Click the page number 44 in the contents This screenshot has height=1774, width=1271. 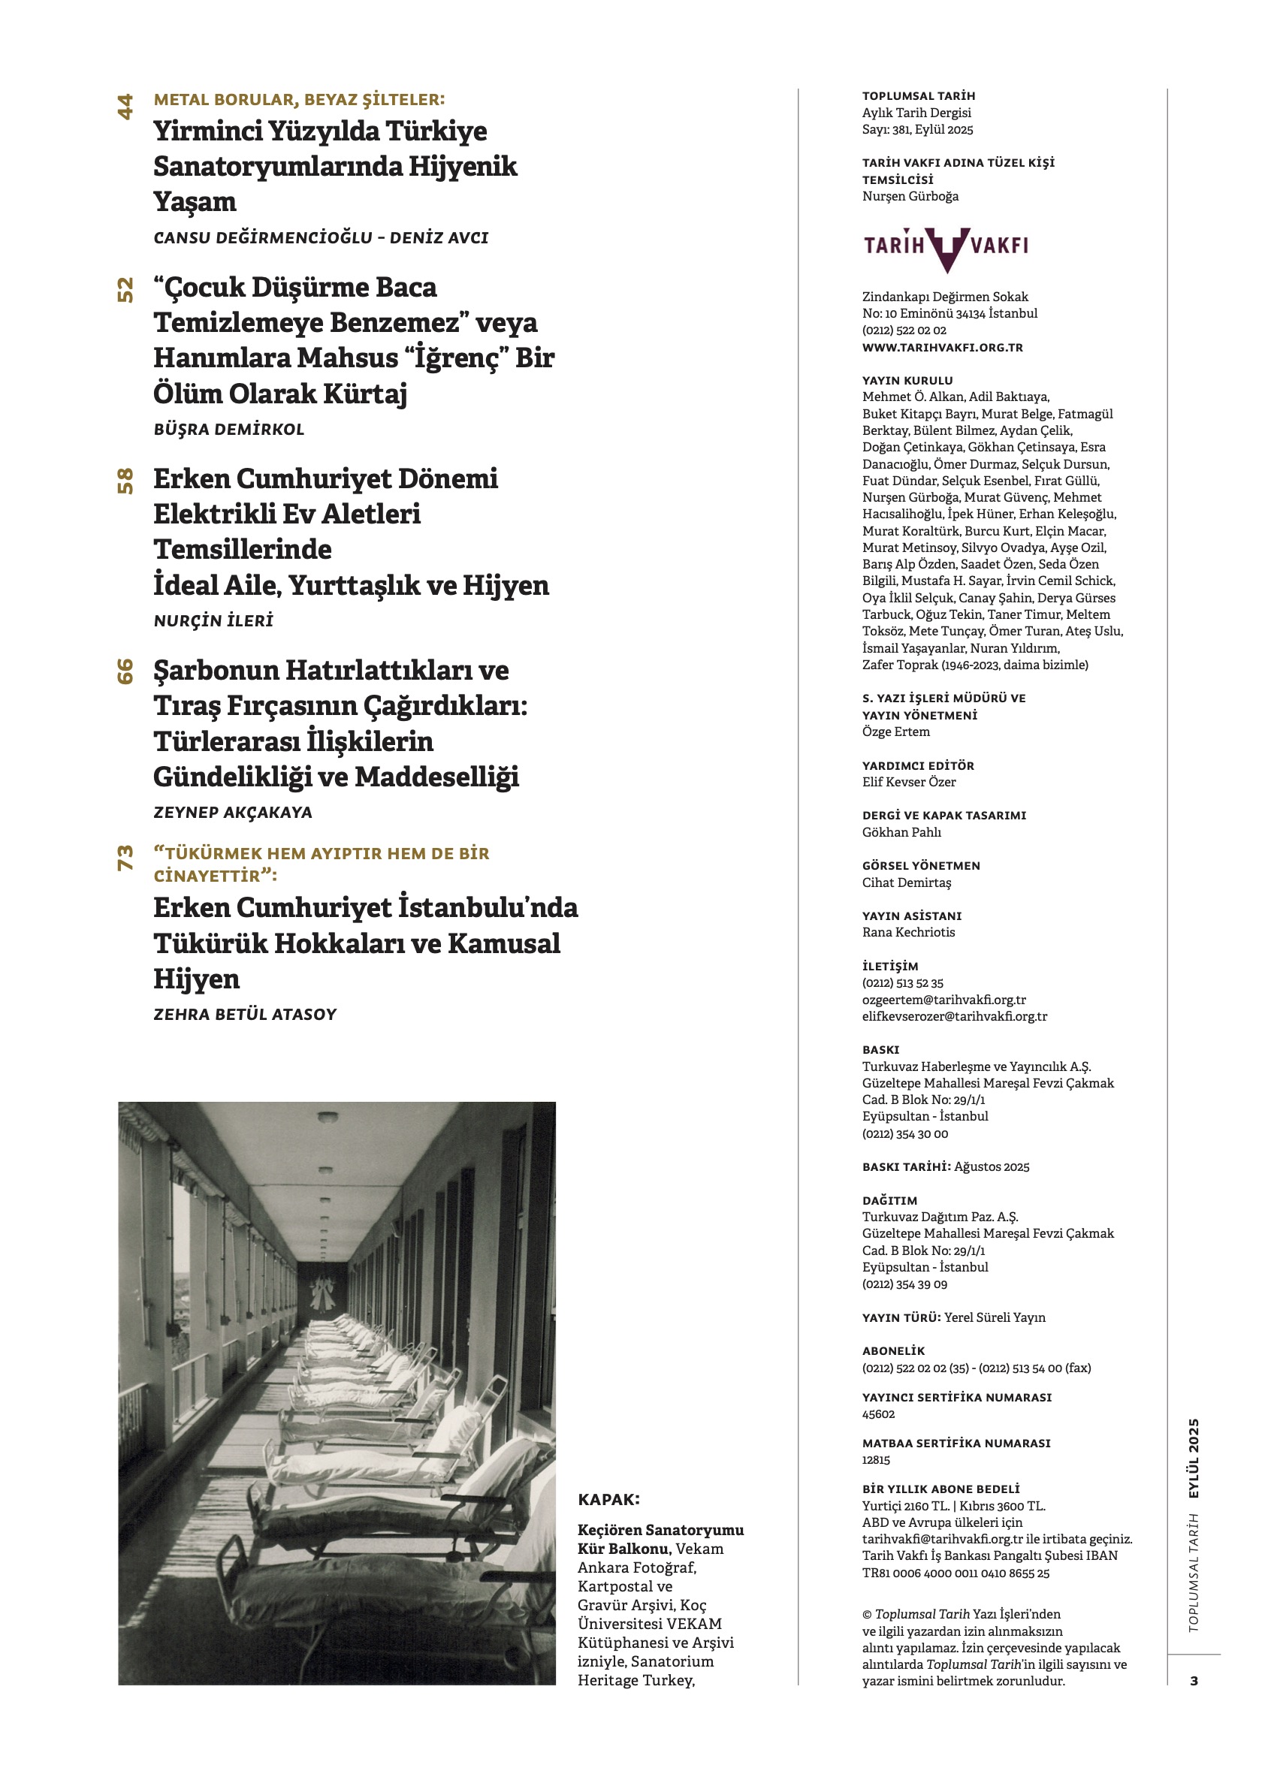(x=125, y=107)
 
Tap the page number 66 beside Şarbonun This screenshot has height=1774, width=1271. (x=125, y=672)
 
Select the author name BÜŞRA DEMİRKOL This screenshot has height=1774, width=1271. (x=228, y=430)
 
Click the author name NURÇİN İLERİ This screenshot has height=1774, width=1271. (x=213, y=621)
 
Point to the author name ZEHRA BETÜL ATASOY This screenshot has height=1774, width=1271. (x=245, y=1015)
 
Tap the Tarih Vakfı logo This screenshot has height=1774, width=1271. (x=946, y=248)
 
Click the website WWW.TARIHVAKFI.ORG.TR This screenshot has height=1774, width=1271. (x=942, y=347)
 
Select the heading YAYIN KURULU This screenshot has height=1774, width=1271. (x=907, y=381)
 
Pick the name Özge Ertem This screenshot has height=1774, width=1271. (x=895, y=732)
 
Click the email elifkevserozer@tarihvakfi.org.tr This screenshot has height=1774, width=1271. (x=954, y=1017)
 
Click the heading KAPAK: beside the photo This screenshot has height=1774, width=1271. (x=608, y=1500)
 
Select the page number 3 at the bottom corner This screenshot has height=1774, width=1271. (x=1194, y=1681)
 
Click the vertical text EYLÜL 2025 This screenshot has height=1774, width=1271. (x=1194, y=1458)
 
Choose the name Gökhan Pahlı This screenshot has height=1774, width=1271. (x=901, y=832)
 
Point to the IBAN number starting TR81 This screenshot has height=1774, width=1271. (x=956, y=1573)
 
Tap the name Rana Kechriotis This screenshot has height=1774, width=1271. (x=908, y=932)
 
